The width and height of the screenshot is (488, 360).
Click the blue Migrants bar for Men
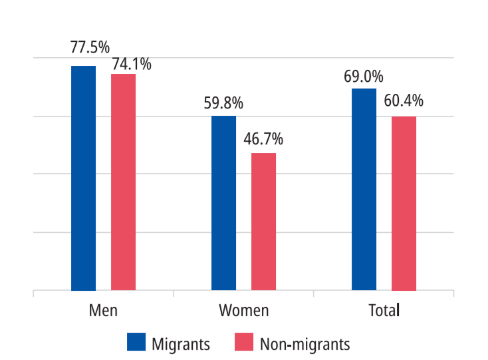tap(83, 178)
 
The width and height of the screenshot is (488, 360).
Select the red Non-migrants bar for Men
tap(123, 182)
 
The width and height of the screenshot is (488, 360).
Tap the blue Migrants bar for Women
tap(223, 203)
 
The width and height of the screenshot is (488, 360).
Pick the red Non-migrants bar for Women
tap(263, 222)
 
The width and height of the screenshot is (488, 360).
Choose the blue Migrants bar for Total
tap(364, 190)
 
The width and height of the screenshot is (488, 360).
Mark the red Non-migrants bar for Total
tap(404, 204)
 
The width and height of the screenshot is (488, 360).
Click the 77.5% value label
tap(90, 48)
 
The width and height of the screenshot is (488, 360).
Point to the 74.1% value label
tap(131, 64)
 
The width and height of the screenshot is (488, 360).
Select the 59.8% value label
tap(223, 104)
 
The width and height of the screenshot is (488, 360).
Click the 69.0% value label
tap(363, 77)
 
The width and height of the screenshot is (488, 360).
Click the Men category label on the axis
tap(103, 311)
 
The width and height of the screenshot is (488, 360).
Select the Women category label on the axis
tap(243, 311)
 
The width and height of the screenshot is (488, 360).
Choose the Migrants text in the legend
tap(181, 344)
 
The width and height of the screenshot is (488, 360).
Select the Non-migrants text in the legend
tap(305, 344)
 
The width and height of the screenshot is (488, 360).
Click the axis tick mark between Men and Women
tap(173, 293)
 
